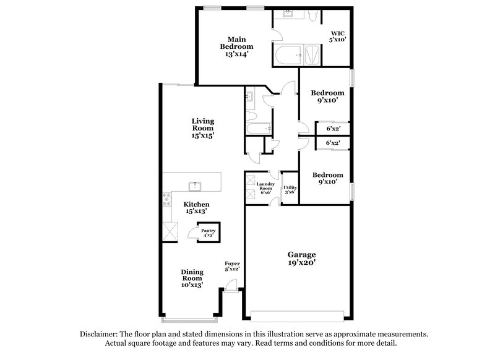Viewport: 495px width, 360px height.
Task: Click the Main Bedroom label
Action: pos(238,46)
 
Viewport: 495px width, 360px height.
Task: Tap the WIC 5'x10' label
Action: pos(337,36)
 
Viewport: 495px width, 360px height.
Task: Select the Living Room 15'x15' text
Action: pos(203,128)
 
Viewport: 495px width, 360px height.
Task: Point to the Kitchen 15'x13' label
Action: pos(197,208)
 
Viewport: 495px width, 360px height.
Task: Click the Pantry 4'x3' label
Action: pos(208,233)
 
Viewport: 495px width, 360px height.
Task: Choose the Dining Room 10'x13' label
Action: pos(192,278)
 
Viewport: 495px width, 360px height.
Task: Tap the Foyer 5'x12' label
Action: pos(232,267)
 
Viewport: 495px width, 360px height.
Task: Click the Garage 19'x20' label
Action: pos(302,259)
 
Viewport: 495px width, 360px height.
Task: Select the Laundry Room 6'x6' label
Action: pos(266,188)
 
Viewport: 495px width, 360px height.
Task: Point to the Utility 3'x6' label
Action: pos(290,189)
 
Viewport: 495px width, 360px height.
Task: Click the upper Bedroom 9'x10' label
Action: pos(327,96)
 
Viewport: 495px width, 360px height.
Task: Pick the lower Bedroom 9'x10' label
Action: pos(327,179)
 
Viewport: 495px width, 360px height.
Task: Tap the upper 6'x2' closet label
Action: pos(333,129)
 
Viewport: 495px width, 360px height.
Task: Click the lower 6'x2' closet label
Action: pos(333,144)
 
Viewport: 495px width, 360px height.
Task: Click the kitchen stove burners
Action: pos(166,199)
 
